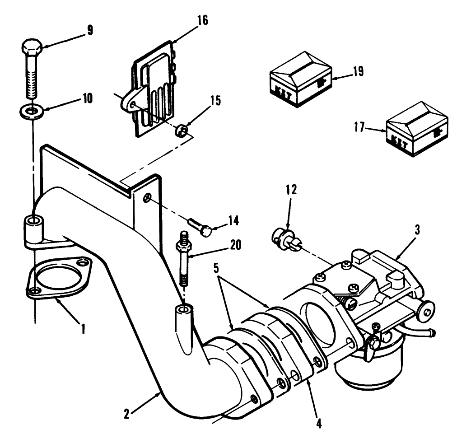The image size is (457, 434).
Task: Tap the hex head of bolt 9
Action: [x=32, y=47]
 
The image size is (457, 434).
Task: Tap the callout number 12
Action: [x=291, y=190]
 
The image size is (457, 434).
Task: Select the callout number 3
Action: [x=417, y=229]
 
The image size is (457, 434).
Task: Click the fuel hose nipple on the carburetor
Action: [x=426, y=334]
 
